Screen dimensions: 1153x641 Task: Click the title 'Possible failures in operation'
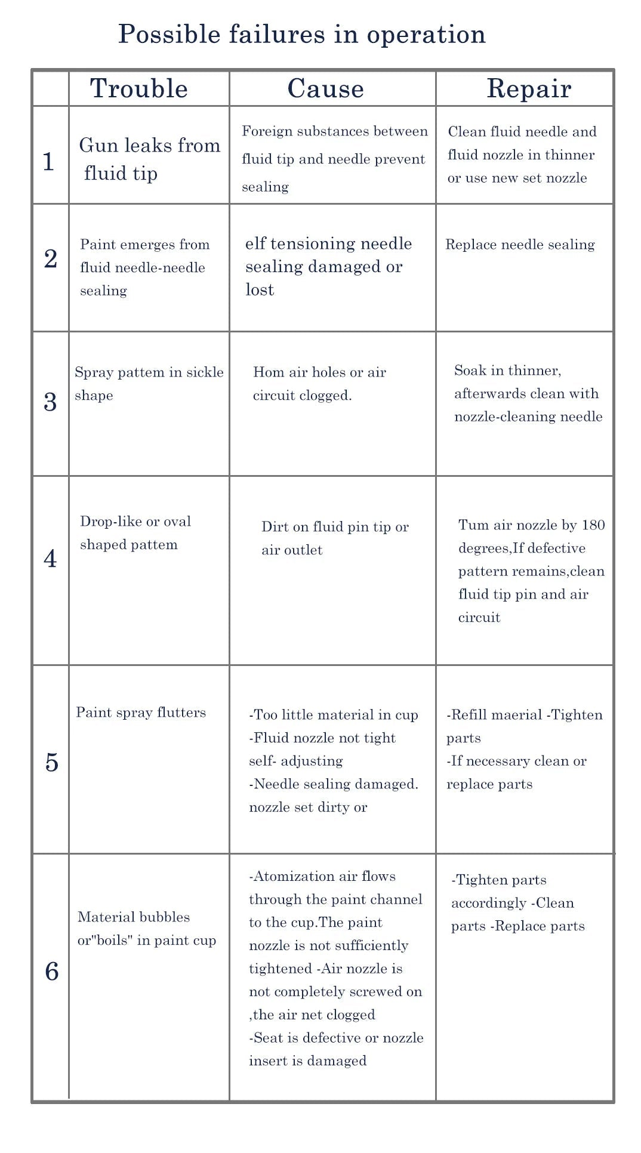(301, 35)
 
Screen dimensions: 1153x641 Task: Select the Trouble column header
(139, 89)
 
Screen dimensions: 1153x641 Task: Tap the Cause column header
(325, 89)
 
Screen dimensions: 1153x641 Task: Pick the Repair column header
(529, 89)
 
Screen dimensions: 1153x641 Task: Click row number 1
(49, 162)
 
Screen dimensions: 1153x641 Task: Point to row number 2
(51, 258)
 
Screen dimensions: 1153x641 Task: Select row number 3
(51, 402)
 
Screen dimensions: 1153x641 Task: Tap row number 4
(51, 559)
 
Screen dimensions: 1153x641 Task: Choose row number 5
(52, 763)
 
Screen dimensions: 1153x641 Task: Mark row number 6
(52, 972)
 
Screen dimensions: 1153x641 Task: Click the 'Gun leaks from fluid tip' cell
(149, 159)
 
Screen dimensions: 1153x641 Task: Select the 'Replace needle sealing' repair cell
(520, 245)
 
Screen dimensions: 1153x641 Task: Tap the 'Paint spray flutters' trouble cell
(141, 713)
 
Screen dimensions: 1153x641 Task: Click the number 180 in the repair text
(593, 525)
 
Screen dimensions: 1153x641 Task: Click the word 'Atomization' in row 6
(286, 877)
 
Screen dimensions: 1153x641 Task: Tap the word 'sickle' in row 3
(205, 372)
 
